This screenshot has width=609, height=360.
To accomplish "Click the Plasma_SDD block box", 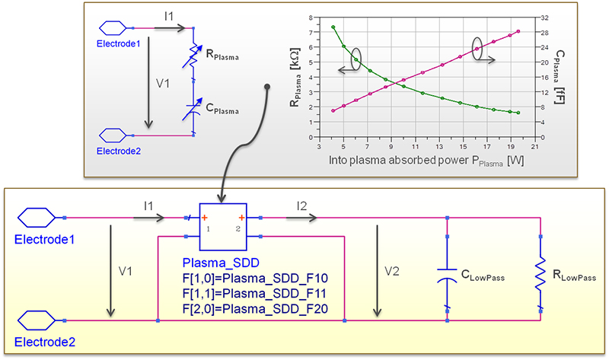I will pyautogui.click(x=223, y=228).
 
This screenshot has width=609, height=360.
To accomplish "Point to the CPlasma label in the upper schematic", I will pyautogui.click(x=222, y=110).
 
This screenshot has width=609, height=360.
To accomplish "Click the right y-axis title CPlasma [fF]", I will pyautogui.click(x=561, y=76).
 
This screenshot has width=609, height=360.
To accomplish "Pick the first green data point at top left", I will pyautogui.click(x=333, y=27).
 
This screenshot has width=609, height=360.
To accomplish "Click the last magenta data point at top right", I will pyautogui.click(x=518, y=31).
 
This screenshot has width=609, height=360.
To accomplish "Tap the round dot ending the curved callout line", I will pyautogui.click(x=267, y=86).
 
